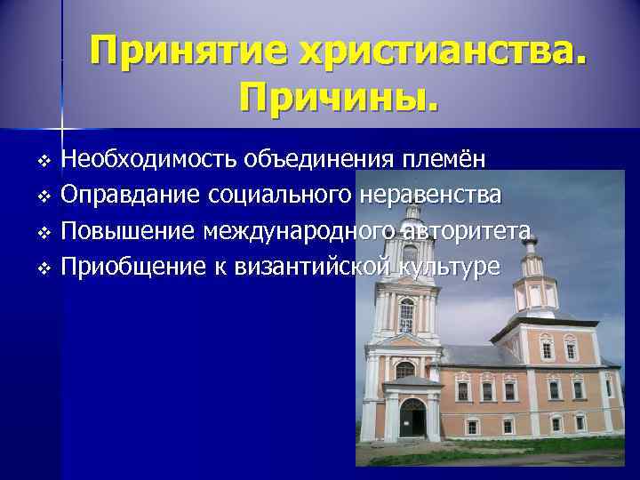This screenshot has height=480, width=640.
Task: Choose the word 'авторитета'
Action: [x=466, y=231]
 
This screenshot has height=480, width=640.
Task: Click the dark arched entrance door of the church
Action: [x=412, y=419]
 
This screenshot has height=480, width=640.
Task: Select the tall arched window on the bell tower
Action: [x=406, y=316]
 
